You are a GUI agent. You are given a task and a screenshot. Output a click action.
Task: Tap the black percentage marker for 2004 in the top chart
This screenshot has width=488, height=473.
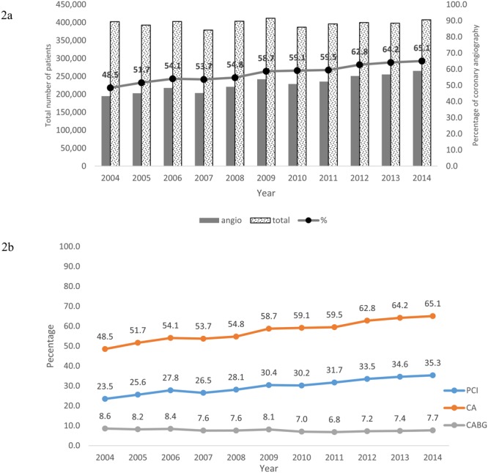pyautogui.click(x=110, y=87)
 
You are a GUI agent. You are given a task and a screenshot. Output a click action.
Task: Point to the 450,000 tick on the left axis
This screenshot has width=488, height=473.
pyautogui.click(x=85, y=5)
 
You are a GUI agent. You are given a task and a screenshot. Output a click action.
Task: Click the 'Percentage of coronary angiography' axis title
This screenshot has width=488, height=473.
pyautogui.click(x=479, y=83)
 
